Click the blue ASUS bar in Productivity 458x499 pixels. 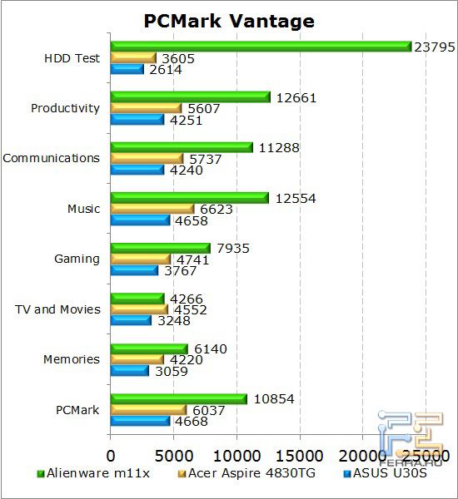pyautogui.click(x=137, y=119)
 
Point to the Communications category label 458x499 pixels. pyautogui.click(x=51, y=158)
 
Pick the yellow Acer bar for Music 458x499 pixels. pyautogui.click(x=152, y=209)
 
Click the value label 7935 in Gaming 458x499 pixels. pyautogui.click(x=232, y=248)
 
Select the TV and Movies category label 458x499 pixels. pyautogui.click(x=57, y=309)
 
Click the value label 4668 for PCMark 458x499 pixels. pyautogui.click(x=190, y=421)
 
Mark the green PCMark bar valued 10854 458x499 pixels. pyautogui.click(x=179, y=398)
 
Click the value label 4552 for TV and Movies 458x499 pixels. pyautogui.click(x=189, y=310)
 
